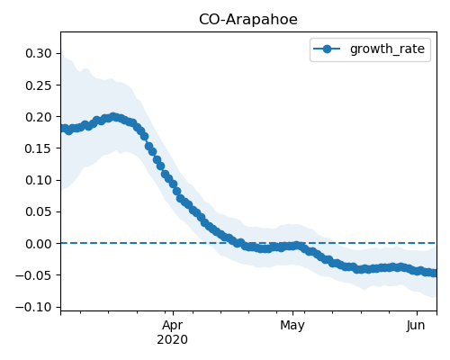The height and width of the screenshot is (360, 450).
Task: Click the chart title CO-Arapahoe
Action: [248, 20]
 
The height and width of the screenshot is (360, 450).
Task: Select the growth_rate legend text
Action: [387, 49]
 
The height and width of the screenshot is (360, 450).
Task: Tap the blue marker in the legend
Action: [327, 49]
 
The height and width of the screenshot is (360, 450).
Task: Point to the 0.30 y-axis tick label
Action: [39, 53]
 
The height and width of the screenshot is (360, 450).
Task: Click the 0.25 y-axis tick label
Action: [39, 85]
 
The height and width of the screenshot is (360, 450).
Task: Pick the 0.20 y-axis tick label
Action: [39, 117]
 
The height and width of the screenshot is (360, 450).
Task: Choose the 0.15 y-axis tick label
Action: [39, 148]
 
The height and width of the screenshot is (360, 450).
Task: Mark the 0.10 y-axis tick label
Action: [39, 180]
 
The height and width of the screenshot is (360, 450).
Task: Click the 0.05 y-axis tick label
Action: [39, 211]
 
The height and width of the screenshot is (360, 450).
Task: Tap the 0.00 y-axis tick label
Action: [39, 244]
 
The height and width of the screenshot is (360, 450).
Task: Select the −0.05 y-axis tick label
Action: [34, 275]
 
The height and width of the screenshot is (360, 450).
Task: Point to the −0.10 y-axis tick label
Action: [34, 307]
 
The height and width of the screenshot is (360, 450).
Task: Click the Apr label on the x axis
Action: [173, 326]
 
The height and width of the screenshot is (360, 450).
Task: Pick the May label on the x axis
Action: [292, 326]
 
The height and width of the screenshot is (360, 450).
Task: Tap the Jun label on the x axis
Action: [416, 326]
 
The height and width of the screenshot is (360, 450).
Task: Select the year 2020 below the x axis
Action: [173, 339]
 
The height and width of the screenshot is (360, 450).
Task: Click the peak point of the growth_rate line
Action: [113, 117]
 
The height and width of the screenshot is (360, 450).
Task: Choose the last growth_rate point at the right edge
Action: [435, 273]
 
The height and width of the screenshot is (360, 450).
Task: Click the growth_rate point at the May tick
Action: [293, 247]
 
